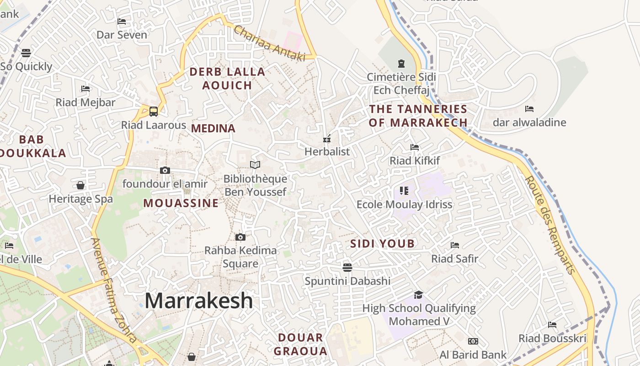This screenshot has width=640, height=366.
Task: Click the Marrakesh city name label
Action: click(198, 301)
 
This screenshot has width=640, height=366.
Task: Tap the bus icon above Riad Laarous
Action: click(154, 111)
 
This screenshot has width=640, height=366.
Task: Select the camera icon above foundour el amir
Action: click(165, 171)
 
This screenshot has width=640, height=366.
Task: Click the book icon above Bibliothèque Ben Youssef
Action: click(255, 165)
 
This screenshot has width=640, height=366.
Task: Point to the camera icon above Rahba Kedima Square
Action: click(240, 237)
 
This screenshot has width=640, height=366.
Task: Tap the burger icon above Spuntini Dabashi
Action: click(347, 267)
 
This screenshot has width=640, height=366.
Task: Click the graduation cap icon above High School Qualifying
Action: click(418, 295)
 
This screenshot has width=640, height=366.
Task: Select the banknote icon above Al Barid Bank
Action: click(473, 341)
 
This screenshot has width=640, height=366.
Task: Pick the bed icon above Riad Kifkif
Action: click(415, 147)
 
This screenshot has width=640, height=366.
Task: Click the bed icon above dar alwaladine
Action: click(529, 109)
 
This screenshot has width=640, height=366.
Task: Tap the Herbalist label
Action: click(327, 151)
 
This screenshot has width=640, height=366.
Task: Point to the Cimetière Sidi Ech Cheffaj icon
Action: click(401, 64)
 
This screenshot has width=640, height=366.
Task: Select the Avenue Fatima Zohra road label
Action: click(114, 290)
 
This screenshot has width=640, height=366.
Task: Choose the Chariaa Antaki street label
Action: click(269, 43)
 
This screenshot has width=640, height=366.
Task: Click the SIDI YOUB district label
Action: click(382, 244)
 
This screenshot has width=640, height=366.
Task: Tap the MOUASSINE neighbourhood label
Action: click(181, 203)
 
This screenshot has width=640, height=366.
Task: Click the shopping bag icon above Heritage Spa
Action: click(80, 185)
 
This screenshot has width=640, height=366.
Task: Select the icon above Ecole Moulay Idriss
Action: click(404, 190)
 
